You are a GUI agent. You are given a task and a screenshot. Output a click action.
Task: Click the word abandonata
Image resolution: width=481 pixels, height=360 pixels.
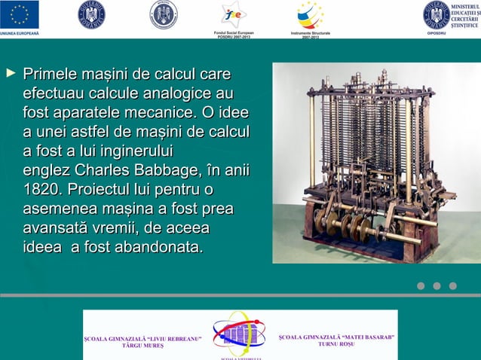click(158, 247)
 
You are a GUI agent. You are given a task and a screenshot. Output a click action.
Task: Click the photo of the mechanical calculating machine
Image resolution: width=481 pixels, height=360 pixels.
click(375, 162)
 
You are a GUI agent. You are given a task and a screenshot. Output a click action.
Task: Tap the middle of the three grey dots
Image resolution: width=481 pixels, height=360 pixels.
click(437, 285)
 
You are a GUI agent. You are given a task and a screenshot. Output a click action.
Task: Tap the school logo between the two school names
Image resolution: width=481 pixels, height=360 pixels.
click(239, 334)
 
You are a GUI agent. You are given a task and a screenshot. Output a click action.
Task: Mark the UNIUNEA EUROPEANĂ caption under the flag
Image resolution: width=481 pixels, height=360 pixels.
click(20, 33)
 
